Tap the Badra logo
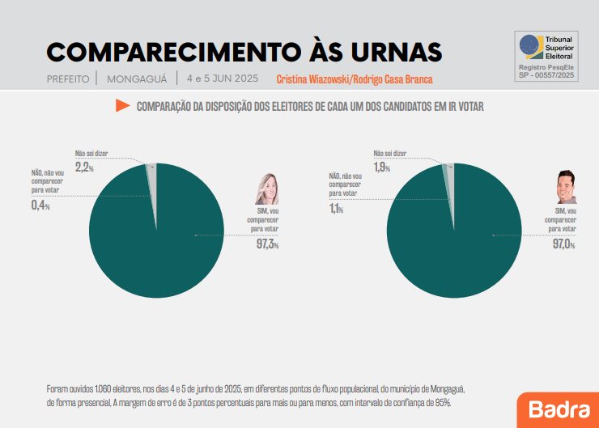[x=559, y=409]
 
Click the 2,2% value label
[x=84, y=167]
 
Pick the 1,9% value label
[x=381, y=167]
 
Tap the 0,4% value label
[x=40, y=206]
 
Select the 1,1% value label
[x=338, y=209]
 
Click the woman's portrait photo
[x=268, y=189]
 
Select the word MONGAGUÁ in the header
[x=137, y=79]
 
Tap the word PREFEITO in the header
[x=68, y=79]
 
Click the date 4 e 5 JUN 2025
[x=222, y=79]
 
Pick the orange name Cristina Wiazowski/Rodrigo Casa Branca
[x=355, y=79]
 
